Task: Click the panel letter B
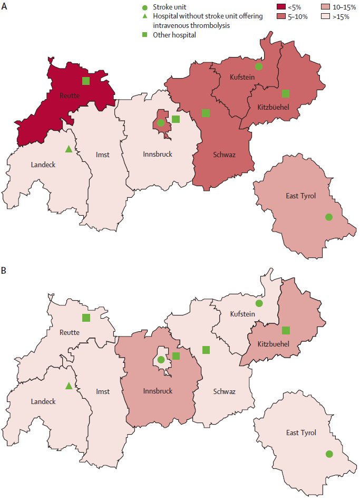(x=4, y=271)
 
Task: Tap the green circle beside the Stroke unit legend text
(x=145, y=8)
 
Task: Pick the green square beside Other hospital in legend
(x=145, y=35)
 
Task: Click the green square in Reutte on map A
(x=85, y=81)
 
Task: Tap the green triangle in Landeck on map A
(x=68, y=149)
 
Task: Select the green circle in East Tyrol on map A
(x=329, y=217)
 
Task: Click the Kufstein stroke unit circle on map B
(x=258, y=303)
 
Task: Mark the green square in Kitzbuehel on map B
(x=286, y=330)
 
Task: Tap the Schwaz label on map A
(x=224, y=155)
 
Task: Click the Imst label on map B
(x=103, y=391)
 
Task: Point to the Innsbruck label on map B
(x=158, y=391)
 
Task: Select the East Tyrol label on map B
(x=301, y=433)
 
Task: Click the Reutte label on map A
(x=69, y=95)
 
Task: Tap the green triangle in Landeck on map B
(x=68, y=386)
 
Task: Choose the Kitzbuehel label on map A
(x=273, y=107)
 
